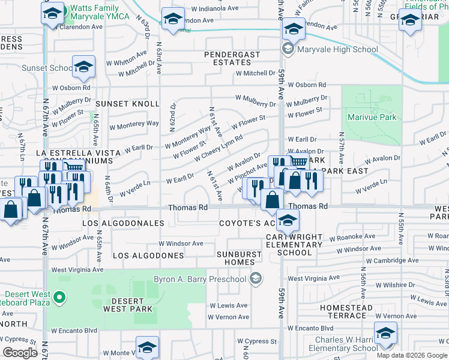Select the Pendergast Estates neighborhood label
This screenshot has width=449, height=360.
click(232, 58)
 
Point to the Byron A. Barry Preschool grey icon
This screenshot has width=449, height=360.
click(256, 278)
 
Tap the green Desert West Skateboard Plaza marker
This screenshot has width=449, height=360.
click(59, 296)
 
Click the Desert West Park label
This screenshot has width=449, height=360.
click(123, 305)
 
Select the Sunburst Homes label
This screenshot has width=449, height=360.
click(240, 258)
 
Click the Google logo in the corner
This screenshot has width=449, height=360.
click(20, 353)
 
